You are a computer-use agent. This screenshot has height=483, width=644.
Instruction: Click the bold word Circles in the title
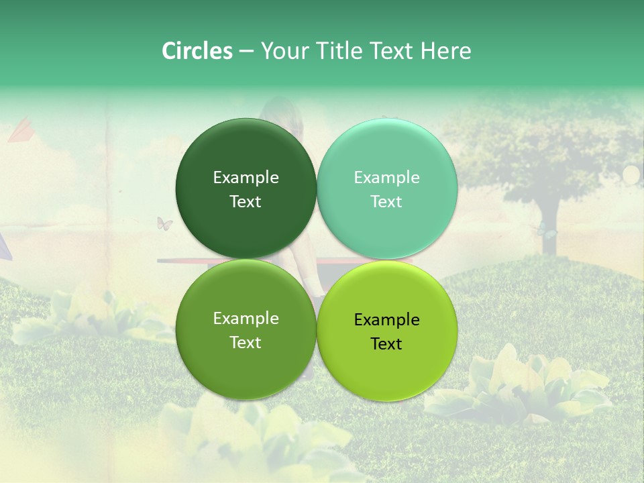pos(197,51)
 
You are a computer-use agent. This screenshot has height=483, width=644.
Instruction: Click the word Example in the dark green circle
pos(246,178)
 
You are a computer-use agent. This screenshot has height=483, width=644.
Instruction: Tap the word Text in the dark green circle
pos(246,202)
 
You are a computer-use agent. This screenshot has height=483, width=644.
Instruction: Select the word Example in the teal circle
pos(386,178)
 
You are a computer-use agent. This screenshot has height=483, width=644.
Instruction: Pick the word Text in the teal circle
pos(386,202)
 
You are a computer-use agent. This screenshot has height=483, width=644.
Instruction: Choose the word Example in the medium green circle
pos(246,319)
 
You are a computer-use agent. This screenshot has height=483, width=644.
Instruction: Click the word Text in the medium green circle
pos(246,343)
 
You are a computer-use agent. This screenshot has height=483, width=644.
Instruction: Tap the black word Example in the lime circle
pos(386,320)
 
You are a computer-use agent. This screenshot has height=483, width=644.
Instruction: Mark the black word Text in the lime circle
pos(386,344)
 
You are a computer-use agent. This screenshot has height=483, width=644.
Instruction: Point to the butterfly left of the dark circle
pos(164,223)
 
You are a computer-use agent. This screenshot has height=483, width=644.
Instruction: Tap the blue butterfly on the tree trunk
pos(546,231)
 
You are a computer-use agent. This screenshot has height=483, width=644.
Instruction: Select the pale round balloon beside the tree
pos(631,175)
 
